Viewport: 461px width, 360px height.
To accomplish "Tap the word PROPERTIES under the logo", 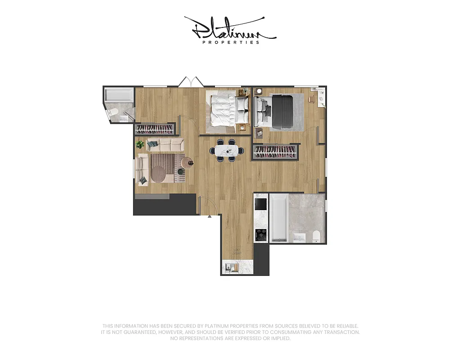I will pos(231,42).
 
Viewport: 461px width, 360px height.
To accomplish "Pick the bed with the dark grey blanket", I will pos(279,111).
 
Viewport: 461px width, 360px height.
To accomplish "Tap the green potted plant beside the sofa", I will pos(140,144).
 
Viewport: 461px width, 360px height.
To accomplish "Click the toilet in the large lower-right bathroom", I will pos(317,236).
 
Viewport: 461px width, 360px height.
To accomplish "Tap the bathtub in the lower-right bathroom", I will pos(278,218).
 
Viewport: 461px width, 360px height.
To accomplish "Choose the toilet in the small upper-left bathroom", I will pos(114,112).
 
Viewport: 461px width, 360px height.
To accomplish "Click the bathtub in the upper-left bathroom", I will pos(119,95).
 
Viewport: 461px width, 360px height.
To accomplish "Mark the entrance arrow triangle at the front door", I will pos(209,217).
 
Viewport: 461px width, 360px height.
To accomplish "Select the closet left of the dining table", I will pos(155,130).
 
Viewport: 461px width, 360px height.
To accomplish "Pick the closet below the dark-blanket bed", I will pos(276,152).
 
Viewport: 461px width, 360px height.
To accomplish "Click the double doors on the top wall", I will pos(191,82).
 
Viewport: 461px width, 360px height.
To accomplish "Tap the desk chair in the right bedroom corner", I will pos(311,98).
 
